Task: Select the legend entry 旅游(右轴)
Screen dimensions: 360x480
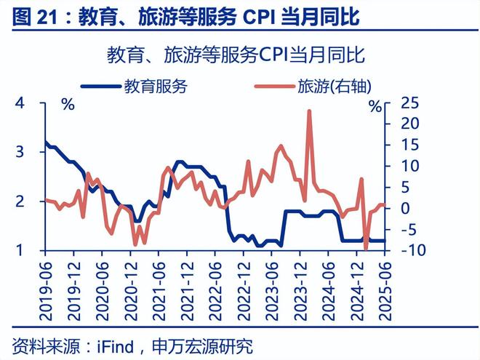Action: click(335, 87)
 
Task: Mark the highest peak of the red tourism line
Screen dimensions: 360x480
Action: click(309, 111)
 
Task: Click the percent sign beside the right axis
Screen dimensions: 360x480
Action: click(375, 106)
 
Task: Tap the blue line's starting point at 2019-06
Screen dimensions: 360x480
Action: click(45, 142)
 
